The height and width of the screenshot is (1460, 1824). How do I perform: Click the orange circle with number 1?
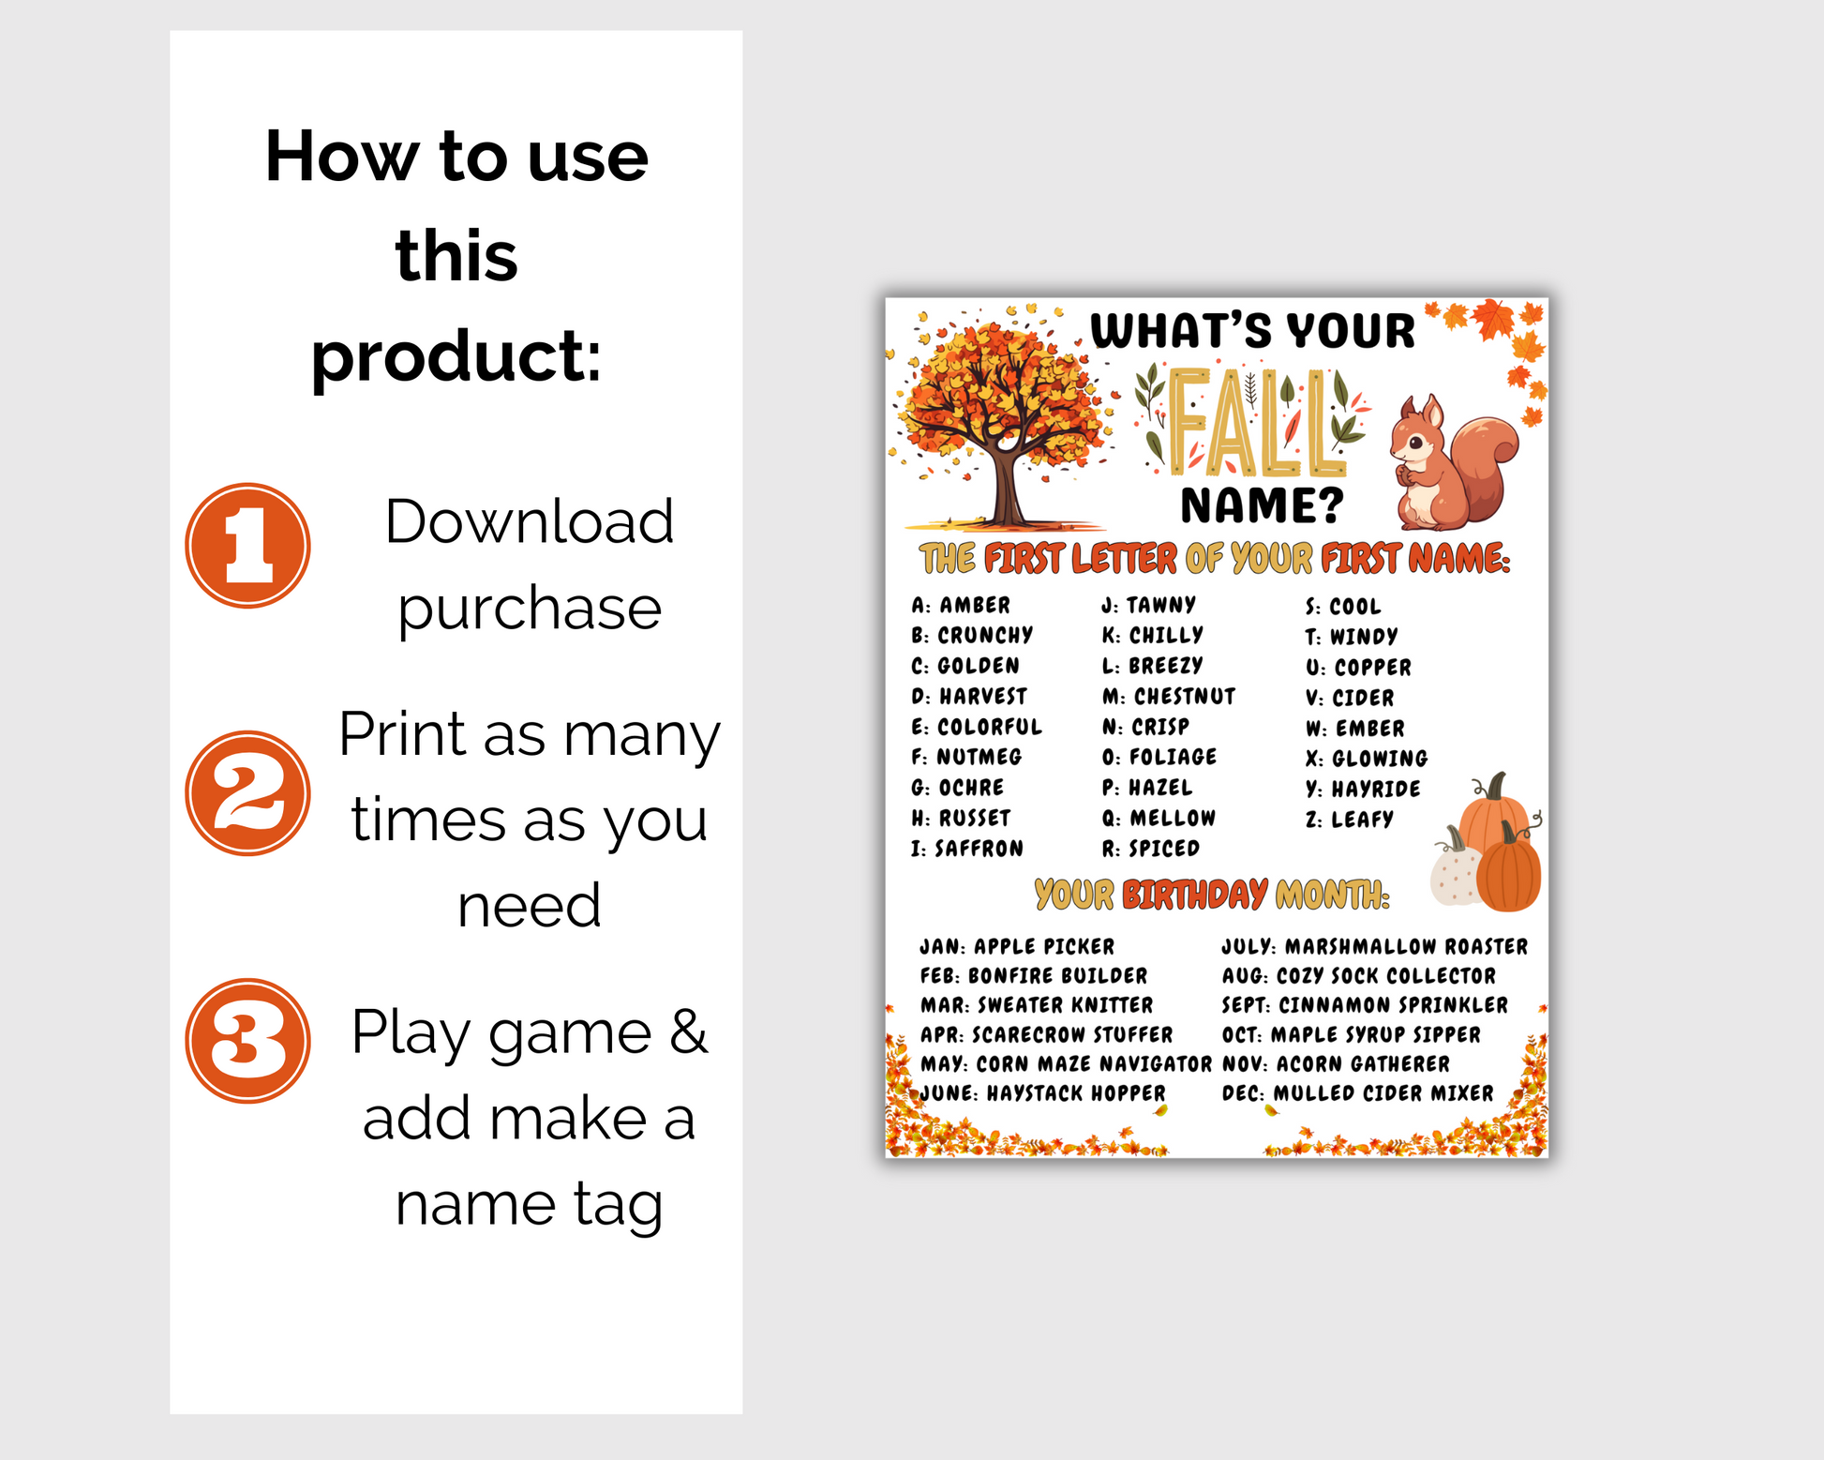tap(247, 545)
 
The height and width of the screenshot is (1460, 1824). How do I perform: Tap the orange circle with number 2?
tap(247, 793)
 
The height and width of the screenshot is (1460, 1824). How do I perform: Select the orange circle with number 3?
tap(247, 1041)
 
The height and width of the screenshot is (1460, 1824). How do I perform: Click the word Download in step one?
tap(530, 521)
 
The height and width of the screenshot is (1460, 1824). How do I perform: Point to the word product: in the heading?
tap(456, 358)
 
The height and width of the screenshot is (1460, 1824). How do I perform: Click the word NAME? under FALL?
tap(1262, 506)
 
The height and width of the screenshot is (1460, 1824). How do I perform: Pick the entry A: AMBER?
tap(961, 606)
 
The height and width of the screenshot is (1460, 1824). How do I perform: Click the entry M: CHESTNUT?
tap(1169, 697)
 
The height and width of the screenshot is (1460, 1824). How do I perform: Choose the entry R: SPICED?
tap(1151, 849)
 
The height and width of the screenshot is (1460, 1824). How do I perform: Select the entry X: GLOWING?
tap(1367, 759)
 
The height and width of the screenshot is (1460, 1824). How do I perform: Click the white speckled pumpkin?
tap(1456, 870)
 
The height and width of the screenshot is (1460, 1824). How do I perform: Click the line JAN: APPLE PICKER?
tap(1017, 947)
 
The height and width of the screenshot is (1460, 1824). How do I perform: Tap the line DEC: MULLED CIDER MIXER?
tap(1358, 1093)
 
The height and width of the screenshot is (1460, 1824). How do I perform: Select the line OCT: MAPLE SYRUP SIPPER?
tap(1352, 1035)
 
